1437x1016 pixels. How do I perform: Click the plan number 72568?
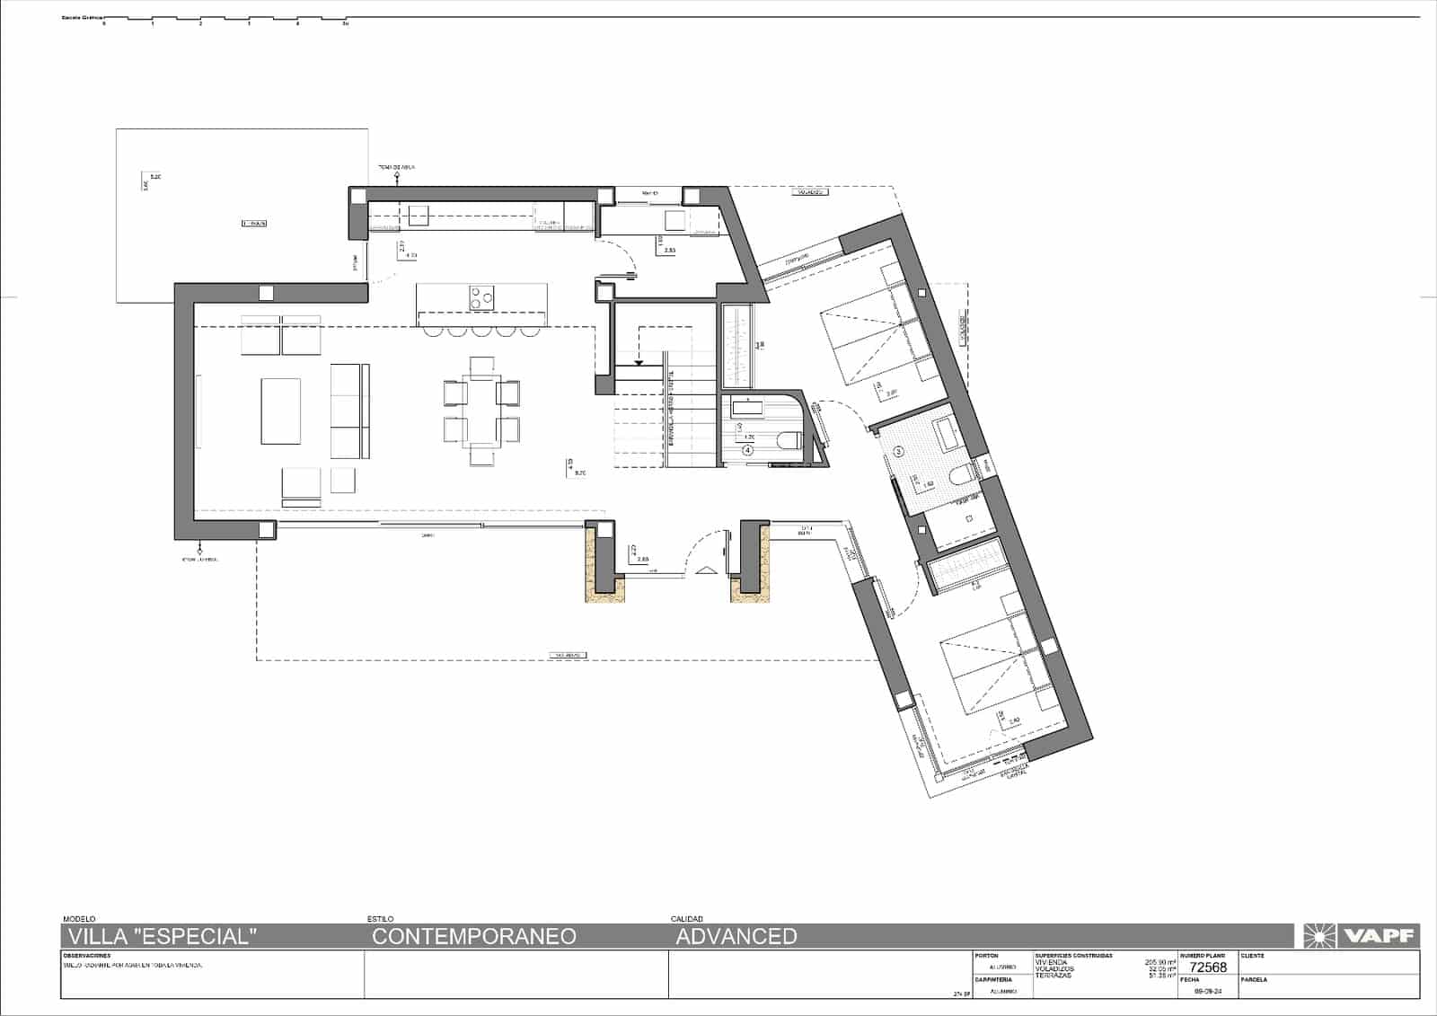click(x=1207, y=967)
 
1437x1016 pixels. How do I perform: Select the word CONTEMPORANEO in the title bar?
click(x=473, y=936)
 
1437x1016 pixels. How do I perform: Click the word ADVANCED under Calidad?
click(x=736, y=936)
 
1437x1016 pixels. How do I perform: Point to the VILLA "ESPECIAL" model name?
click(x=160, y=936)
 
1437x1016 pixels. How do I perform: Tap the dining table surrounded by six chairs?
click(x=482, y=411)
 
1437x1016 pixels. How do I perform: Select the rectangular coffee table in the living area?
click(x=281, y=411)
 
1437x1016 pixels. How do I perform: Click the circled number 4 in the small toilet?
click(x=747, y=450)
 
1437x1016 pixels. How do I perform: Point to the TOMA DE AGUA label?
click(x=395, y=168)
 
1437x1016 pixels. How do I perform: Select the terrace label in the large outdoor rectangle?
click(x=254, y=223)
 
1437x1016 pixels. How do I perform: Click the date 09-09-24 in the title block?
click(x=1207, y=991)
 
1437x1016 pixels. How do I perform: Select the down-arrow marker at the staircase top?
click(x=638, y=363)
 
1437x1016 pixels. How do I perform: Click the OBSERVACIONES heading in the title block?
click(x=87, y=956)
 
